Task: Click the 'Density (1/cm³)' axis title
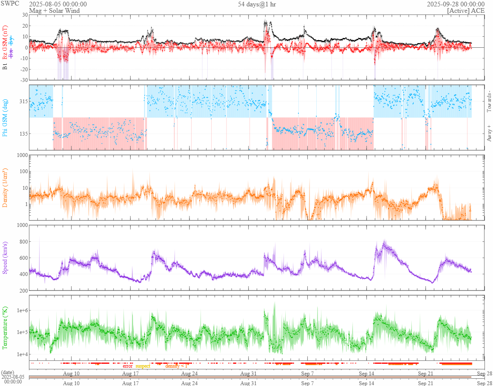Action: pos(6,188)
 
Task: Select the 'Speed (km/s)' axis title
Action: pos(6,257)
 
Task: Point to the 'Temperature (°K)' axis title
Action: pos(6,328)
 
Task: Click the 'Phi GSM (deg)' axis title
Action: pos(6,117)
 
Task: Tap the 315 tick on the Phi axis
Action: pos(23,102)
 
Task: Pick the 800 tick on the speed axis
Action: pos(23,242)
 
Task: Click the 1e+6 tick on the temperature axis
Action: pos(21,310)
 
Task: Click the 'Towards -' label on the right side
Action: pos(489,102)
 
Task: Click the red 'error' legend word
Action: pos(128,366)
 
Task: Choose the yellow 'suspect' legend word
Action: pos(143,366)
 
